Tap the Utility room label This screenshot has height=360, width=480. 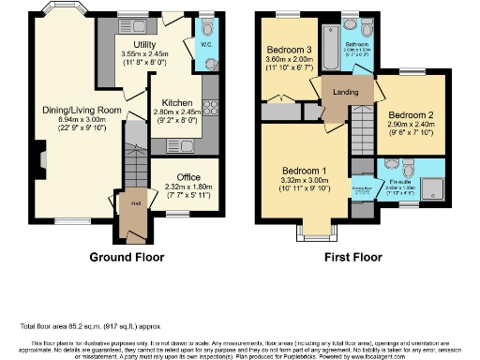pos(143,44)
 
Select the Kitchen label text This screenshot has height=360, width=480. pos(177,102)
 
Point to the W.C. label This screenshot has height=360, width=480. pos(204,42)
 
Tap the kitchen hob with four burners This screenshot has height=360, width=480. pos(209,111)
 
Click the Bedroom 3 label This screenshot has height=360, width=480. pos(288,50)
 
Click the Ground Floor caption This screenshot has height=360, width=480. pos(127,256)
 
